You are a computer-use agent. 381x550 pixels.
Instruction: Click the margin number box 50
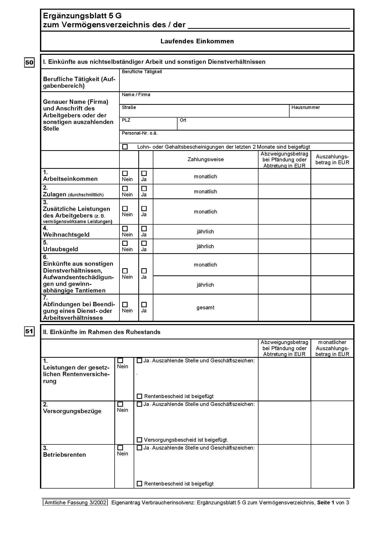[x=29, y=62]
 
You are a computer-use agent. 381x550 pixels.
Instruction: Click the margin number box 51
[x=29, y=331]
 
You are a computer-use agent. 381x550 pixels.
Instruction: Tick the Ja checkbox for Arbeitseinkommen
[x=144, y=173]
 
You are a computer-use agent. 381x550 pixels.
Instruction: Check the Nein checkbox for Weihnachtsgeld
[x=125, y=228]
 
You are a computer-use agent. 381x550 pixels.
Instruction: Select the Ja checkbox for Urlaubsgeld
[x=144, y=243]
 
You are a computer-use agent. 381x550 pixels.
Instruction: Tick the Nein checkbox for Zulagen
[x=125, y=188]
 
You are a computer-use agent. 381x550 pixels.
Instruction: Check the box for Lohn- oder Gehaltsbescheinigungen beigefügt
[x=125, y=147]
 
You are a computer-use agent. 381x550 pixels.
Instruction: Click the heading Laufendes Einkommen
[x=197, y=41]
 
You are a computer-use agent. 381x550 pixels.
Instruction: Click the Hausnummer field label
[x=306, y=107]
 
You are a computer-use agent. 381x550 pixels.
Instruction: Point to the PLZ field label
[x=126, y=120]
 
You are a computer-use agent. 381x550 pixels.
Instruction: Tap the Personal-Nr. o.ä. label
[x=140, y=133]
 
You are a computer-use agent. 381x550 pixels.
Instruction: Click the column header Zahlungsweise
[x=206, y=159]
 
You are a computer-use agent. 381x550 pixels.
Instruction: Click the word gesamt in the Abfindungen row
[x=205, y=308]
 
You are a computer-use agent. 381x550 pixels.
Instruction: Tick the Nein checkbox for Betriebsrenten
[x=120, y=448]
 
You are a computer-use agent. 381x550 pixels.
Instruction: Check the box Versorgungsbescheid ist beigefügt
[x=139, y=440]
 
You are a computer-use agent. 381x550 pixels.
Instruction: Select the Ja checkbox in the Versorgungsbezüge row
[x=139, y=404]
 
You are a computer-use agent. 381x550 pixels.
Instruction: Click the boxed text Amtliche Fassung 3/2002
[x=75, y=503]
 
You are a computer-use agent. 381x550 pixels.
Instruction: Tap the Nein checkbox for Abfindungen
[x=125, y=304]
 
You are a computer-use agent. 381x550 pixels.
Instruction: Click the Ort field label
[x=183, y=120]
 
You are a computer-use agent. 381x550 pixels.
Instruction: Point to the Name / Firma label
[x=136, y=95]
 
